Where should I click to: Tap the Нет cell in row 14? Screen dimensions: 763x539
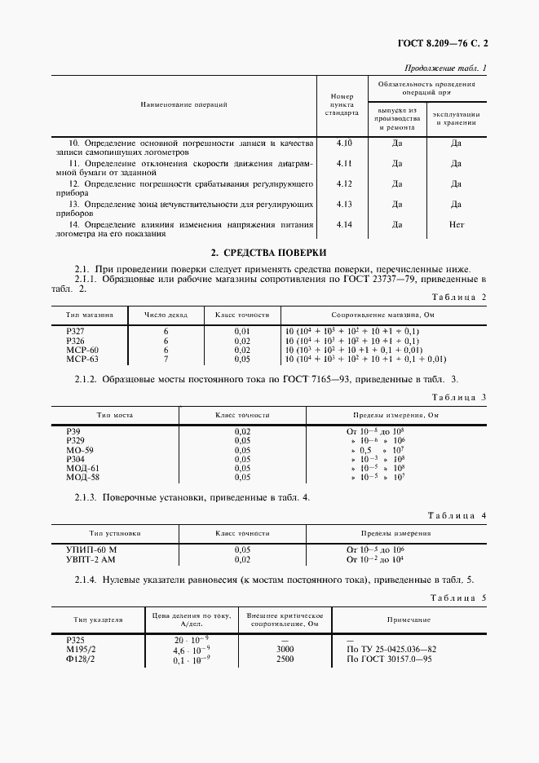pyautogui.click(x=456, y=224)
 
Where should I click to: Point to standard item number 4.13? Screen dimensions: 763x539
pyautogui.click(x=343, y=204)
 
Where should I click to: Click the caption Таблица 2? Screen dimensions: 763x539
pyautogui.click(x=458, y=298)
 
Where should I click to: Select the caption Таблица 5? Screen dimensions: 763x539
pyautogui.click(x=458, y=598)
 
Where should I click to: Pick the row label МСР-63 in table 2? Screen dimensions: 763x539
pyautogui.click(x=82, y=358)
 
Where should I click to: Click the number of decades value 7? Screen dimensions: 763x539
pyautogui.click(x=166, y=358)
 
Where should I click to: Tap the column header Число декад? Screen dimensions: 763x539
pyautogui.click(x=166, y=314)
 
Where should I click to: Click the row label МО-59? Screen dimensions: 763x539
pyautogui.click(x=79, y=449)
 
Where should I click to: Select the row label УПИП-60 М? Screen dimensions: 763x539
pyautogui.click(x=91, y=551)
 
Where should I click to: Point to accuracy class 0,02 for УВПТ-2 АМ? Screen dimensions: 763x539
pyautogui.click(x=242, y=560)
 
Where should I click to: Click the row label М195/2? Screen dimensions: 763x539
pyautogui.click(x=81, y=649)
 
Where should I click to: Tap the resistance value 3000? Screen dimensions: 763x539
pyautogui.click(x=285, y=649)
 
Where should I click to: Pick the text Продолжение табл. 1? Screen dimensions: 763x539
pyautogui.click(x=445, y=68)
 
